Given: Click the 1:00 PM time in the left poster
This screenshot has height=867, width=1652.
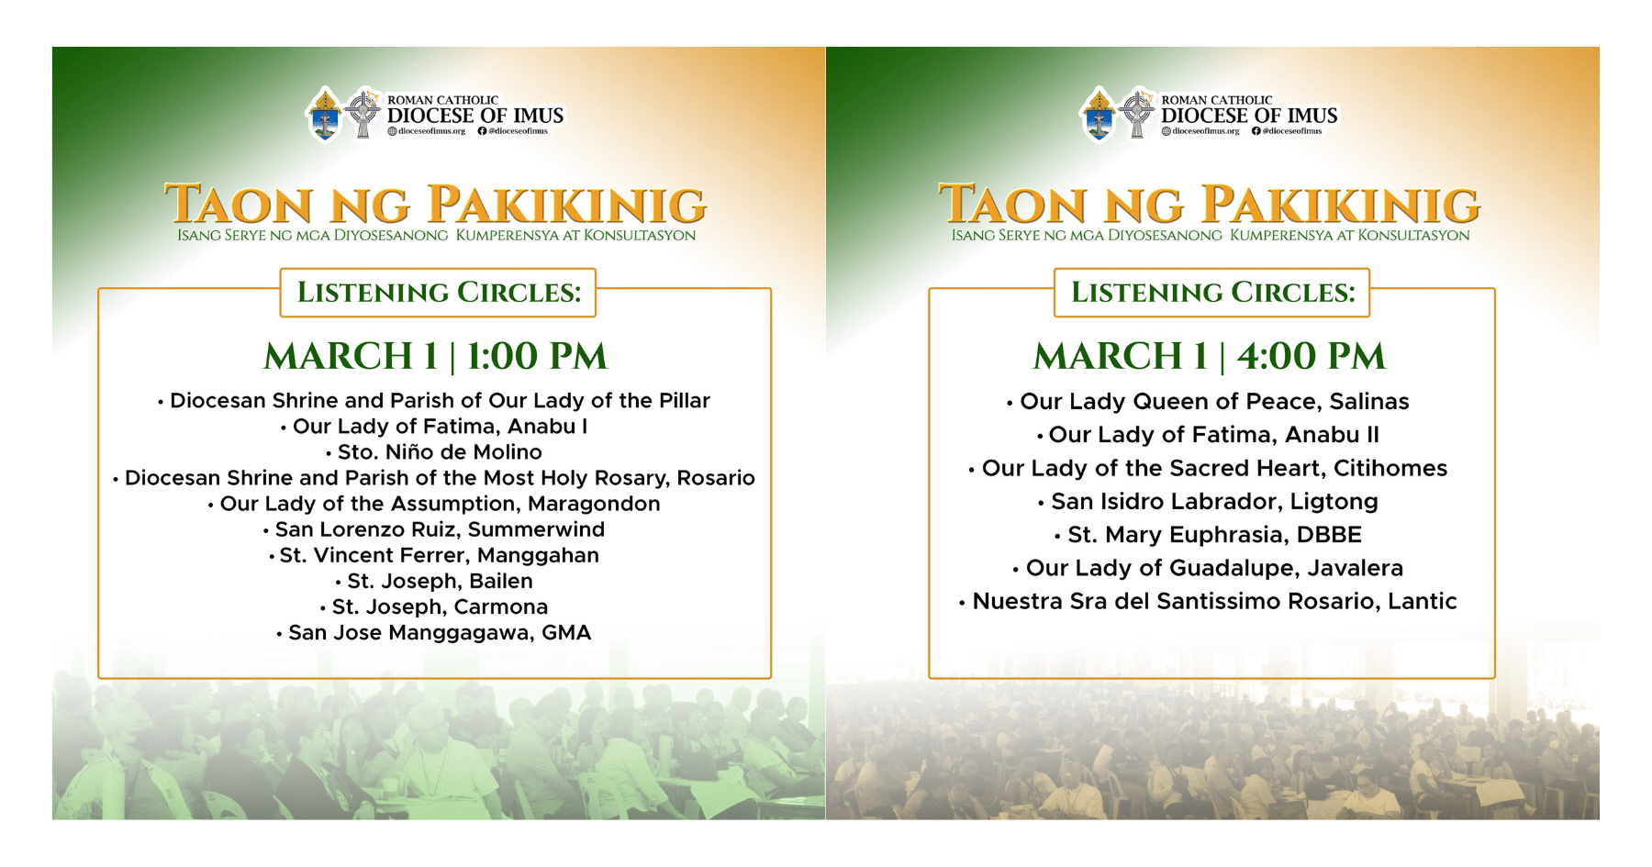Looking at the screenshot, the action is pos(537,356).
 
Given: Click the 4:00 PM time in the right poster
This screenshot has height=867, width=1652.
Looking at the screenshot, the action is pos(1311,356).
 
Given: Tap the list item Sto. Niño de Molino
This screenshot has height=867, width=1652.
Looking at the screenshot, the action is pos(440,452).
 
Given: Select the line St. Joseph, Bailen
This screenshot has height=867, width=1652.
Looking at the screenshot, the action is pos(440,581).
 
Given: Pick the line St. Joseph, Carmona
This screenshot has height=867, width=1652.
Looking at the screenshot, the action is pos(440,606).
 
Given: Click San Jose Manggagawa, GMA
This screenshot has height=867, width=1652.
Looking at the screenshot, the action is pos(440,633).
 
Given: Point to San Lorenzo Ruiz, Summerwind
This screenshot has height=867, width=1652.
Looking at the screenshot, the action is pos(440,529).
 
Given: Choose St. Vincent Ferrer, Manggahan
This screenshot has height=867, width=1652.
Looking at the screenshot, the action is pos(439,555).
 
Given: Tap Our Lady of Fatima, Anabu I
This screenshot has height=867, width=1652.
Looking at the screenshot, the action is pos(440,427).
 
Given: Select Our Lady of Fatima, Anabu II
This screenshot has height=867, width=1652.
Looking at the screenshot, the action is pos(1213,435).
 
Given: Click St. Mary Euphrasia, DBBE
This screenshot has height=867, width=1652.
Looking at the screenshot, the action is pos(1214,535).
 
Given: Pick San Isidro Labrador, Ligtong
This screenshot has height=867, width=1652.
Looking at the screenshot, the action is pos(1214,502).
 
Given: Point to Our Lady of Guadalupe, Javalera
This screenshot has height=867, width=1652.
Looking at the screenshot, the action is pos(1214,568).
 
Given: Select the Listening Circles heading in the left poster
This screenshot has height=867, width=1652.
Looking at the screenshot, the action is pos(439,293).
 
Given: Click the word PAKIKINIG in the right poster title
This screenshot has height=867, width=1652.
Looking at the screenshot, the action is pos(1341,205).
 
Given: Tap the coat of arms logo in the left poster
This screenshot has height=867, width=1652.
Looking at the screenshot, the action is pos(325,114).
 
